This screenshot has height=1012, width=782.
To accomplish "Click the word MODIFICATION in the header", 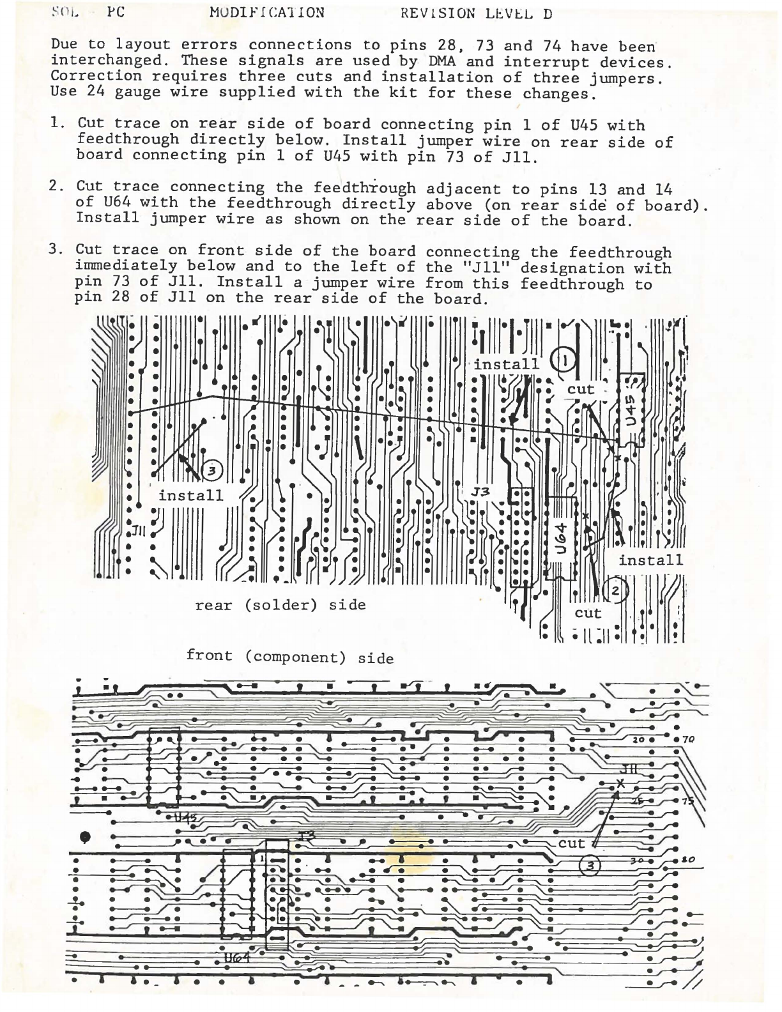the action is (266, 13).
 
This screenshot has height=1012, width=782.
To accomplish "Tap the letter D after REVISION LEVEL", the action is (548, 15).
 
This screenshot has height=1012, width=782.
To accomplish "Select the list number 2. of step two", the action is (56, 186).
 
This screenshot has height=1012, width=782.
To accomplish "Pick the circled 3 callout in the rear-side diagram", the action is (211, 471).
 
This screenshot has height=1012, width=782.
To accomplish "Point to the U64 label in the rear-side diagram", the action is (559, 539).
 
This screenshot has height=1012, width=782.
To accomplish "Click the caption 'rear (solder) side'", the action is (280, 604).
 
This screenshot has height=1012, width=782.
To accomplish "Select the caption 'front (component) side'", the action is (289, 656).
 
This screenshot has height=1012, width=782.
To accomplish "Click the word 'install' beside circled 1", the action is (506, 364).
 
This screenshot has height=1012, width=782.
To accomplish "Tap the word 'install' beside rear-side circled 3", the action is (191, 495).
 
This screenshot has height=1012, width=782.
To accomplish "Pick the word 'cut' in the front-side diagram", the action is (572, 843).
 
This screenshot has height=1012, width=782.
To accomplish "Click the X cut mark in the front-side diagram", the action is (619, 784).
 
